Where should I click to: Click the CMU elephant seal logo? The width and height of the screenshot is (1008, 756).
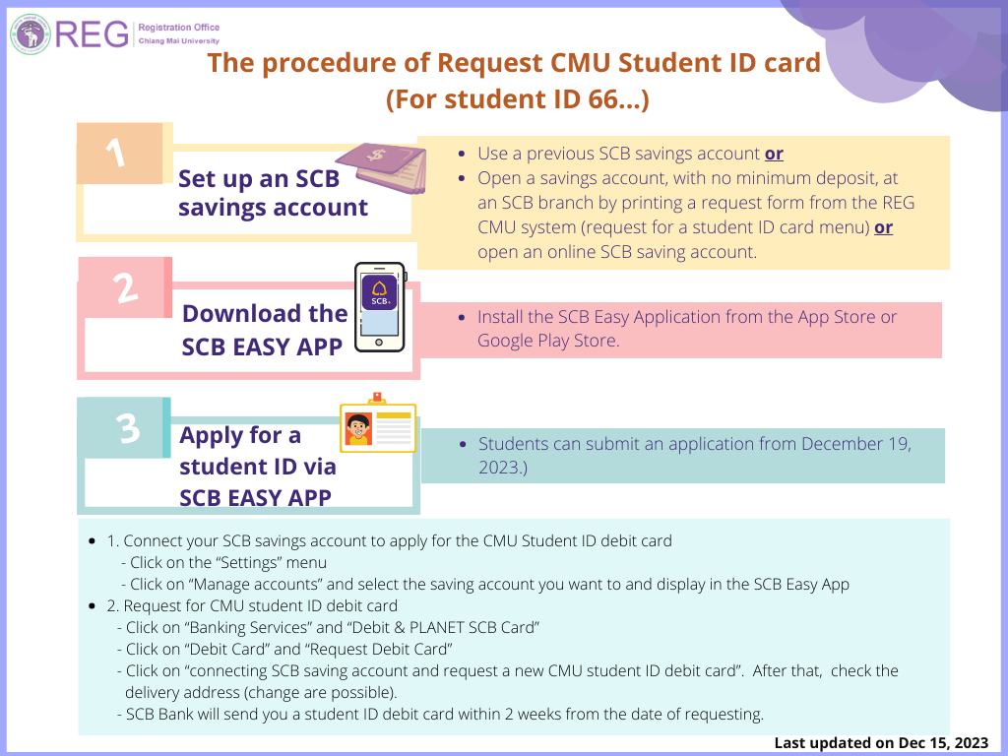tap(31, 34)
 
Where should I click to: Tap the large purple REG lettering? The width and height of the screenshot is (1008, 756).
tap(92, 34)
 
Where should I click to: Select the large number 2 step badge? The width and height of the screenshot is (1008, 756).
tap(125, 287)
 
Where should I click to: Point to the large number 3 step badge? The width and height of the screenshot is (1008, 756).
tap(129, 427)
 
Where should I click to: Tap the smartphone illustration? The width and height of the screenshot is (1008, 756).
tap(380, 307)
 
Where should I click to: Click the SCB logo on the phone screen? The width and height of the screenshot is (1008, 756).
tap(379, 291)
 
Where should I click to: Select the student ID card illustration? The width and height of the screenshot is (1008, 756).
tap(378, 423)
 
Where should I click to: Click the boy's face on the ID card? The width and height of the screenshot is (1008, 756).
tap(358, 427)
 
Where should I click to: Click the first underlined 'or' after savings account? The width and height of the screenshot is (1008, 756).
tap(774, 154)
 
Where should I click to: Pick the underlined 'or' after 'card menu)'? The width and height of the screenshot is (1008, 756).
tap(883, 227)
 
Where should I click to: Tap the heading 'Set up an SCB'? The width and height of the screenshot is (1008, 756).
tap(259, 179)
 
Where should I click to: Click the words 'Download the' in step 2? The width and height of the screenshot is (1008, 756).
tap(265, 314)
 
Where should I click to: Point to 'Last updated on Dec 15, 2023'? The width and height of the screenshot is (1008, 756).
tap(881, 743)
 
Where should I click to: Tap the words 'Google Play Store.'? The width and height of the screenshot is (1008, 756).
tap(548, 341)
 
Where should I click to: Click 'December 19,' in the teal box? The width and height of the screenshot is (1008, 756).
tap(856, 444)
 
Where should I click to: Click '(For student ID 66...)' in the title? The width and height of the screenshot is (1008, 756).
tap(518, 99)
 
